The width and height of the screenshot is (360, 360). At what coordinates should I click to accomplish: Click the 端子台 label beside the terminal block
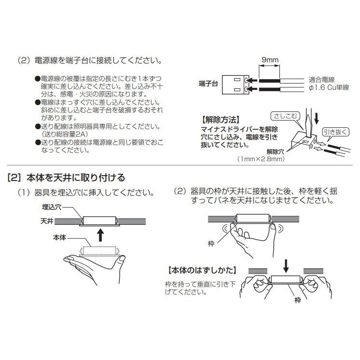(x=208, y=84)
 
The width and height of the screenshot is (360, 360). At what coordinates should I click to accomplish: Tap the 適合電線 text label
(x=321, y=79)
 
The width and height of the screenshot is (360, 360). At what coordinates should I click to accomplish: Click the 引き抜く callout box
(x=330, y=131)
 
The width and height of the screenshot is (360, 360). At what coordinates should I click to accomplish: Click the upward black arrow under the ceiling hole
(x=100, y=235)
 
